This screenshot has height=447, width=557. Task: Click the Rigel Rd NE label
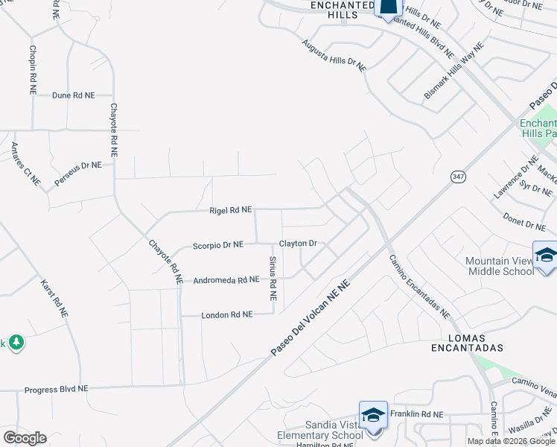(x=230, y=211)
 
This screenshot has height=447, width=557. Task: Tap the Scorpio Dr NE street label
(x=218, y=244)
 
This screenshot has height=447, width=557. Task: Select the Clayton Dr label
(x=298, y=244)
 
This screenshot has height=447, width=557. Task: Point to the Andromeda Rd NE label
(x=226, y=280)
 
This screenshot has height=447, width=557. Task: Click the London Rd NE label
(x=227, y=315)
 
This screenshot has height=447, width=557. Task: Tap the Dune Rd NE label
(x=74, y=95)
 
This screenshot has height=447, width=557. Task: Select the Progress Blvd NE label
(x=57, y=390)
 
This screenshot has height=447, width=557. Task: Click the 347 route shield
(x=457, y=177)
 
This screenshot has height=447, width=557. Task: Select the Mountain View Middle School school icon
(x=546, y=254)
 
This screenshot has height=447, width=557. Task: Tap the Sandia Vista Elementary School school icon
(x=373, y=414)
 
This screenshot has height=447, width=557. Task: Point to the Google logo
(x=25, y=438)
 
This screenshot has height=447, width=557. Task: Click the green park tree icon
(x=16, y=343)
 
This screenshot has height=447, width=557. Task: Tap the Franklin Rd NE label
(x=417, y=414)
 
